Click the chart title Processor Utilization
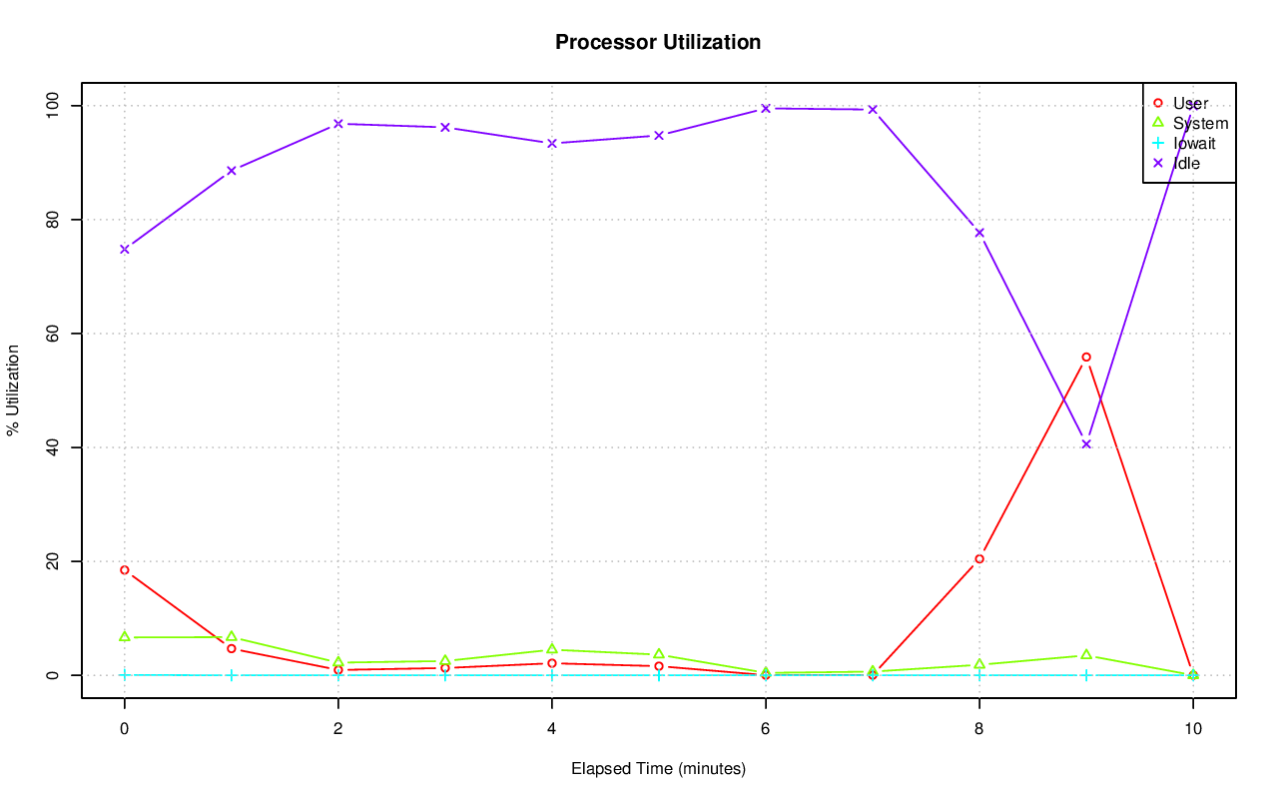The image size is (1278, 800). click(x=658, y=43)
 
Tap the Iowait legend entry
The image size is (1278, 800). click(x=1194, y=143)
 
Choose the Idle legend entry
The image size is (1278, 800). click(x=1186, y=163)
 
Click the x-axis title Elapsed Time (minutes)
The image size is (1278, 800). click(x=658, y=769)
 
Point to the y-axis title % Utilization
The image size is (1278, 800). click(x=13, y=390)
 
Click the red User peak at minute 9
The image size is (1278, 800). click(x=1085, y=357)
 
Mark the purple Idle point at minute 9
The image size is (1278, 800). click(x=1085, y=444)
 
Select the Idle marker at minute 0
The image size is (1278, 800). click(x=124, y=249)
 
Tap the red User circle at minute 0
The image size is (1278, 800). click(x=124, y=570)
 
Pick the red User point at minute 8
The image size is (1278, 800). click(x=979, y=559)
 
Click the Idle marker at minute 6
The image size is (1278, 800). click(x=765, y=108)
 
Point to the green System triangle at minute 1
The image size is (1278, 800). click(x=231, y=636)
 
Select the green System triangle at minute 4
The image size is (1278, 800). click(x=551, y=649)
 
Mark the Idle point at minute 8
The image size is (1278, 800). click(x=979, y=233)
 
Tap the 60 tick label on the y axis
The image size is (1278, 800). click(x=51, y=333)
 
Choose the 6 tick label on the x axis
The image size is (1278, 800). click(x=765, y=728)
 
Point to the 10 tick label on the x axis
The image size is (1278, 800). click(x=1192, y=728)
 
